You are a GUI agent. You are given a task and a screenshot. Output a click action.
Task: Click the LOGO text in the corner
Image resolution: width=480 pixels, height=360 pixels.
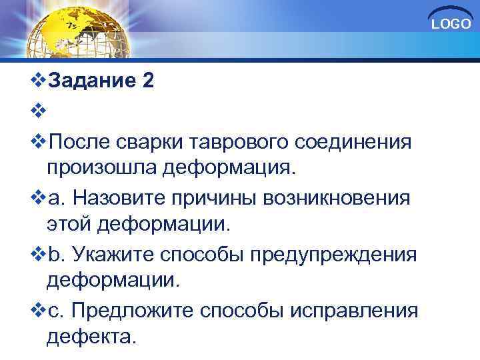point(451,24)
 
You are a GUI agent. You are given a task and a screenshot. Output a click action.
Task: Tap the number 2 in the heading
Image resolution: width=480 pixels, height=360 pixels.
point(148,81)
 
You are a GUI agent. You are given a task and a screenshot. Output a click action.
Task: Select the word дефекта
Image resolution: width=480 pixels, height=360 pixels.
point(92,335)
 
